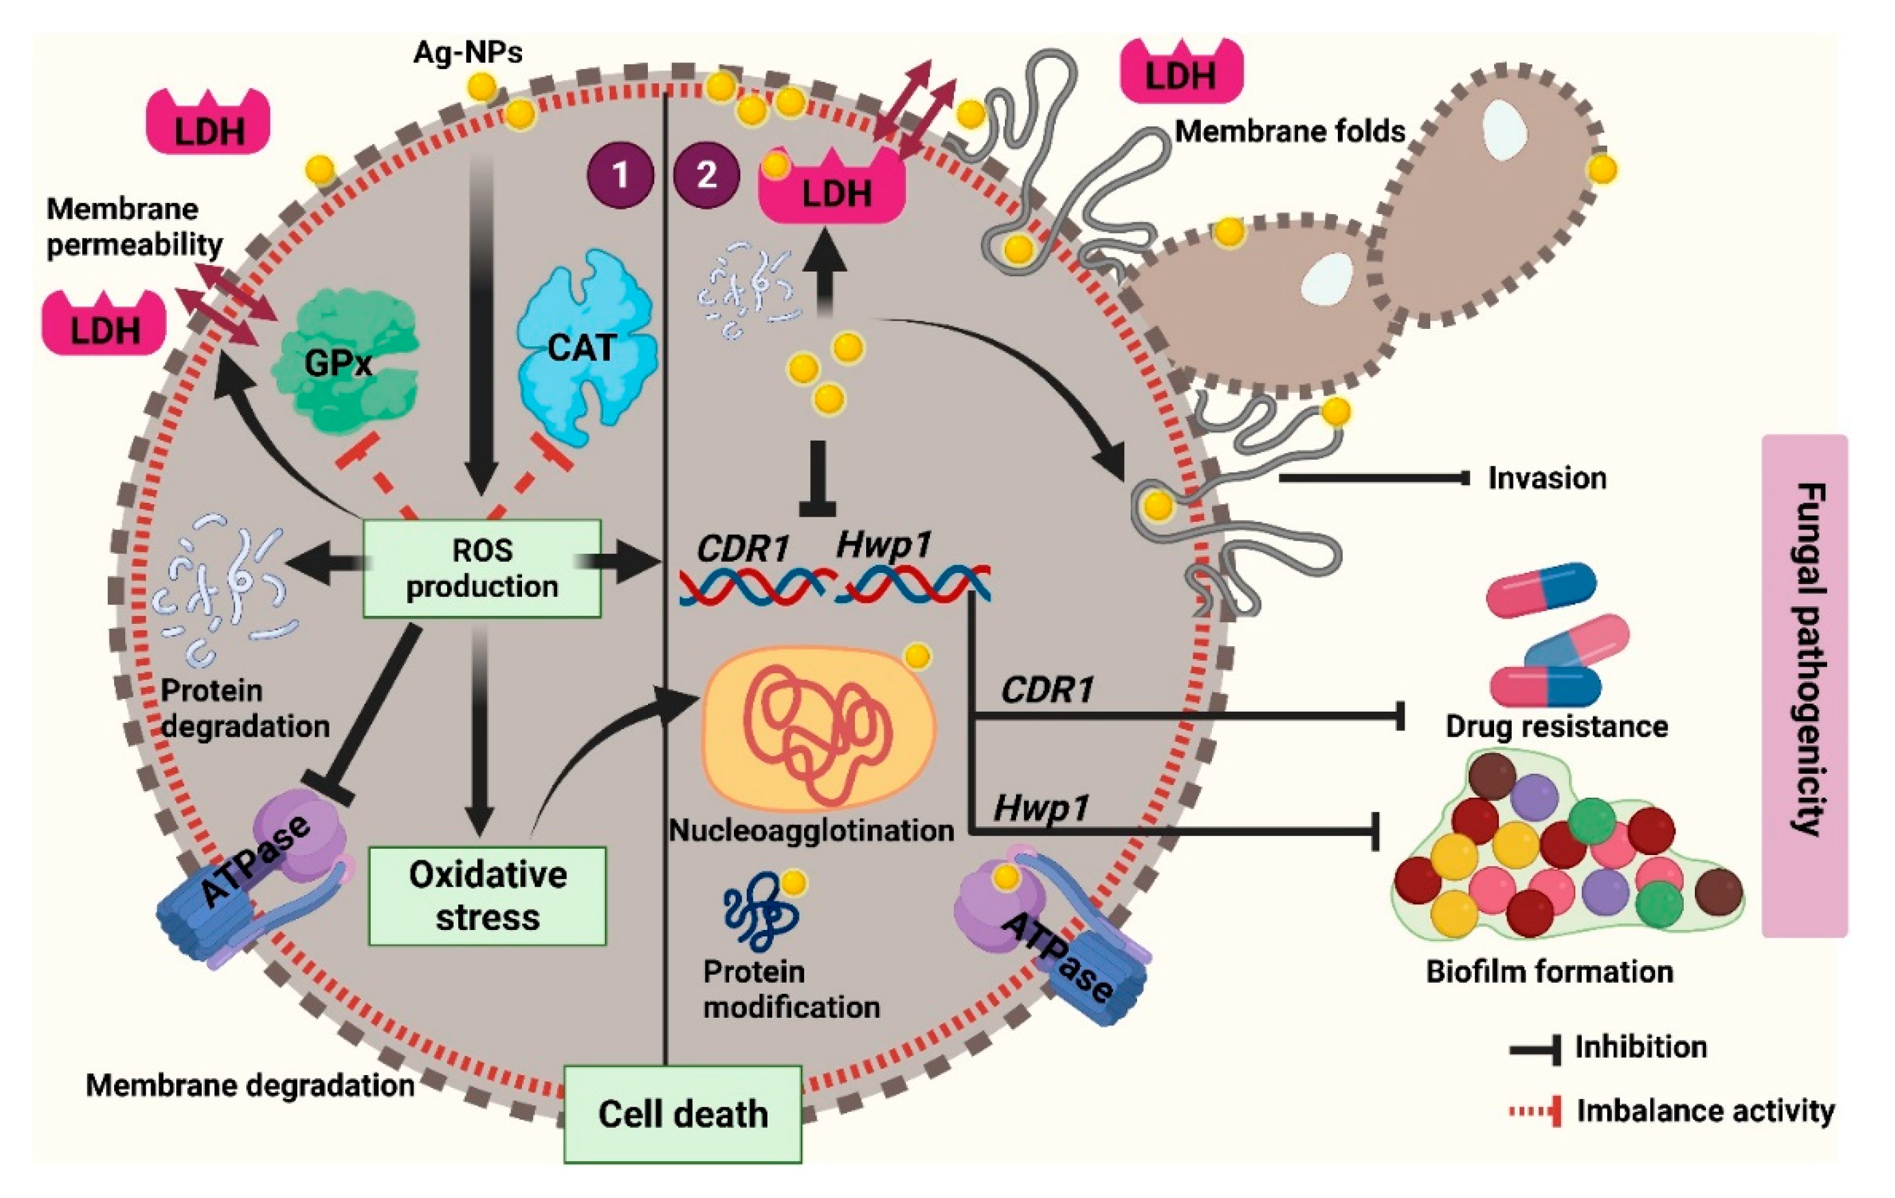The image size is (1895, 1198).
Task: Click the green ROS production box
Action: (x=482, y=568)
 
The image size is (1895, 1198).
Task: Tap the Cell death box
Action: (x=682, y=1114)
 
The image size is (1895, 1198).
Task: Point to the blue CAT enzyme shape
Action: (x=586, y=346)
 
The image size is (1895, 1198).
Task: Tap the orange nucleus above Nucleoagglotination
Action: (x=818, y=728)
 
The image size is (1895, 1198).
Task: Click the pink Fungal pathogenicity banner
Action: (x=1804, y=685)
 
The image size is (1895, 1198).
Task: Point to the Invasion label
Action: (x=1546, y=478)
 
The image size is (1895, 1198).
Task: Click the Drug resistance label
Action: (x=1556, y=726)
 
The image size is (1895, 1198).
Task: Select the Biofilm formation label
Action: (x=1549, y=972)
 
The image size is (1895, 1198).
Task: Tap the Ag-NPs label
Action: (x=468, y=52)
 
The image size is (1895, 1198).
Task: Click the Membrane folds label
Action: (x=1289, y=131)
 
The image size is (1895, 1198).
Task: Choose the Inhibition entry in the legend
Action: (x=1640, y=1047)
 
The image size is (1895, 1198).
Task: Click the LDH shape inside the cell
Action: (x=833, y=191)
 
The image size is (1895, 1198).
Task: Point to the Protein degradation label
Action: (x=244, y=708)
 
